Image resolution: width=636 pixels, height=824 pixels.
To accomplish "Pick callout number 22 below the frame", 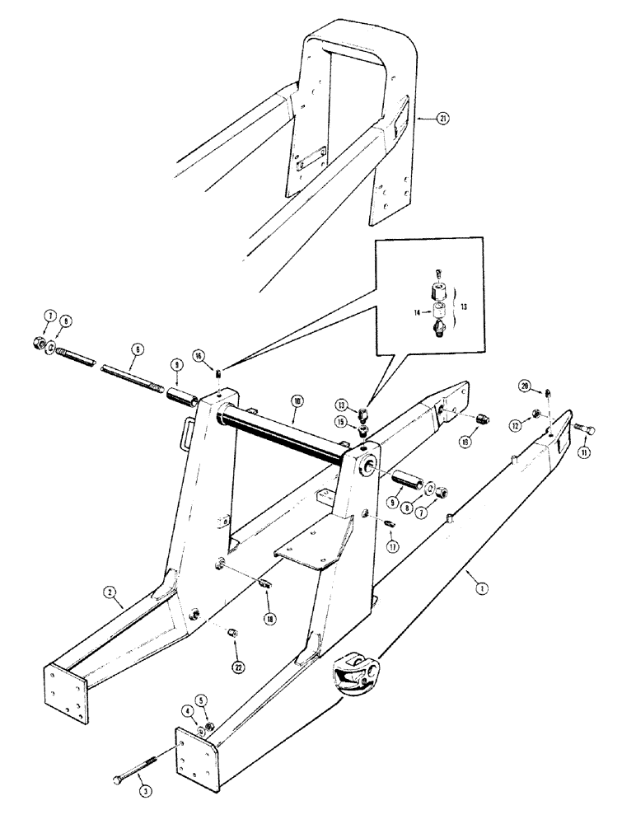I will [239, 667].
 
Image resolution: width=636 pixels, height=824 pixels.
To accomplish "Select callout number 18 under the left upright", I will [270, 616].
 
